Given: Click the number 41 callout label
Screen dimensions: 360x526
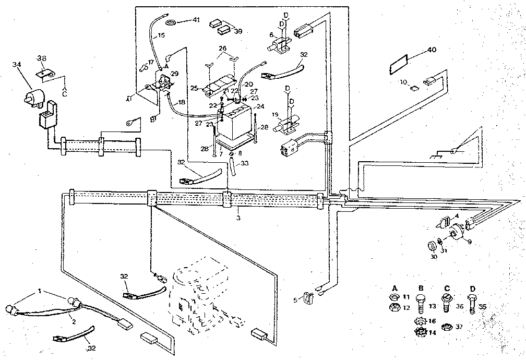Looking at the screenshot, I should [x=196, y=20].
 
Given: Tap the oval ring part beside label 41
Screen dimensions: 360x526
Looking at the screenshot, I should [x=171, y=22].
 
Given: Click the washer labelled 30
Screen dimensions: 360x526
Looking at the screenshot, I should [x=432, y=246].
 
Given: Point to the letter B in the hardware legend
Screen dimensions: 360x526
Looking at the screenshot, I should [x=421, y=287].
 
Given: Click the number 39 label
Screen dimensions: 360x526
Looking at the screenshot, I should [x=238, y=31].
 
